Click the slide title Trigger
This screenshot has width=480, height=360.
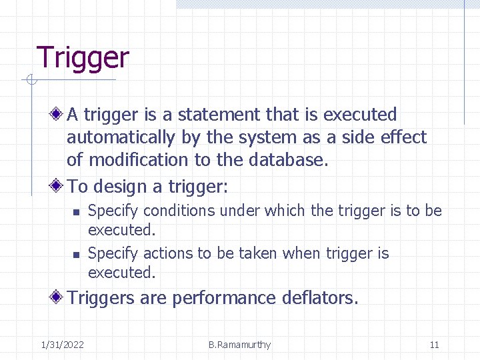[82, 58]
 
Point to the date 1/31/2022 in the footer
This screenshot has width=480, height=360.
[62, 345]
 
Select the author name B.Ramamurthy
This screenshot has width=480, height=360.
[239, 345]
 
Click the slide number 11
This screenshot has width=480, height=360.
[434, 345]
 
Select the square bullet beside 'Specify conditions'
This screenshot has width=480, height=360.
[76, 212]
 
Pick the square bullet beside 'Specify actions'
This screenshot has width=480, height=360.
[76, 255]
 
